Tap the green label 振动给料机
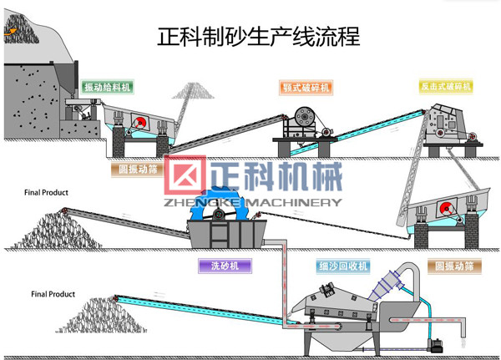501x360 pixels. (x=107, y=87)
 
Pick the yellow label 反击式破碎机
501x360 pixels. (x=445, y=86)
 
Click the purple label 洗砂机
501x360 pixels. (x=225, y=266)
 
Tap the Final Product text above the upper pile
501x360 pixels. (x=46, y=193)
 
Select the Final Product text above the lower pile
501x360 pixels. (x=53, y=294)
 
